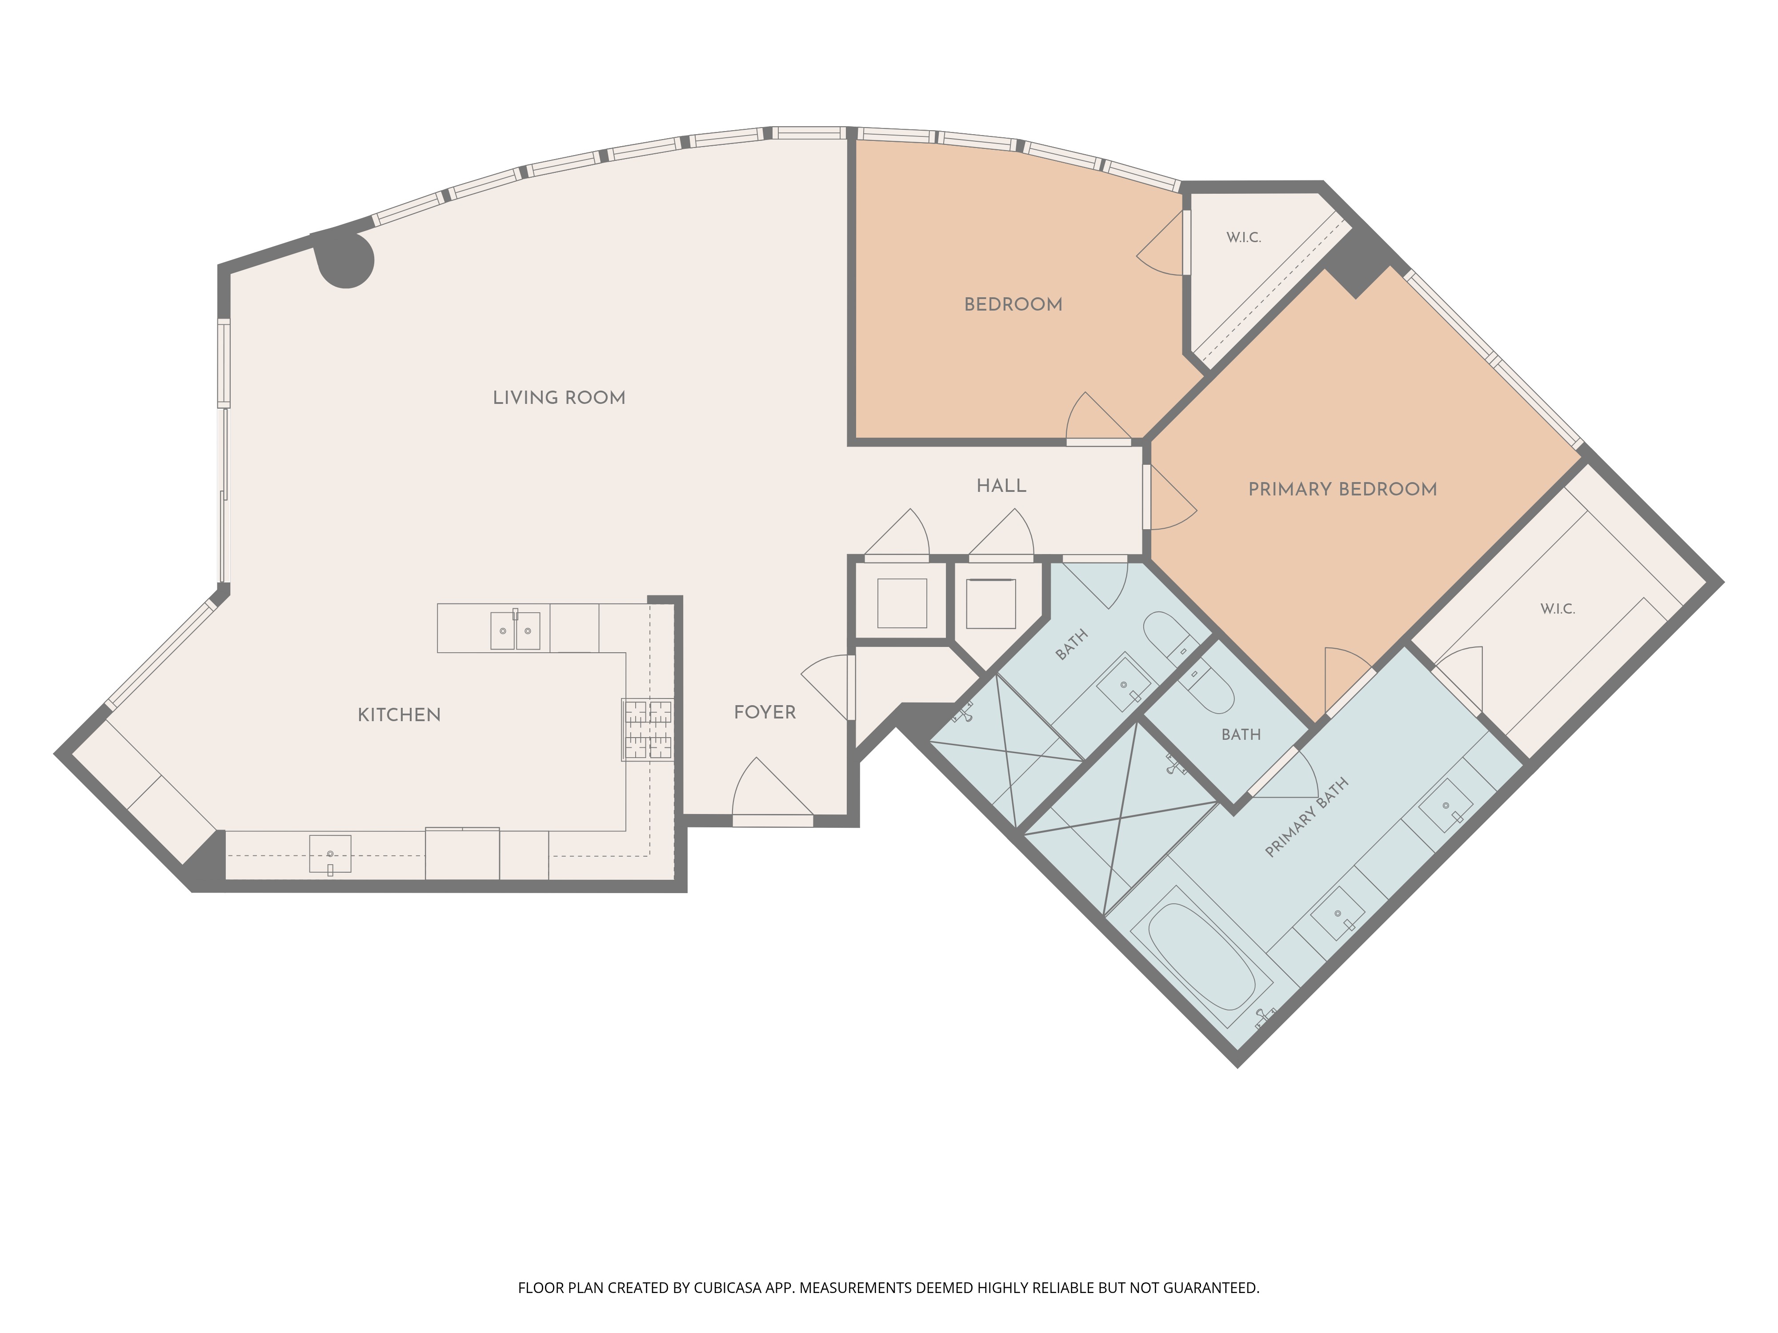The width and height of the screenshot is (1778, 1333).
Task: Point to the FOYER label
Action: pyautogui.click(x=765, y=712)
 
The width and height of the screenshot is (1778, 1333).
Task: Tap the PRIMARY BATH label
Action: pyautogui.click(x=1306, y=818)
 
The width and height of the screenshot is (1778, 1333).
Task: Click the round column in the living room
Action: pyautogui.click(x=346, y=259)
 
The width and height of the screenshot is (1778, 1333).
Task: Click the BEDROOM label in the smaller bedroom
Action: pyautogui.click(x=1013, y=304)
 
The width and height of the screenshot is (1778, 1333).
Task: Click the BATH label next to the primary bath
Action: pyautogui.click(x=1241, y=734)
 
